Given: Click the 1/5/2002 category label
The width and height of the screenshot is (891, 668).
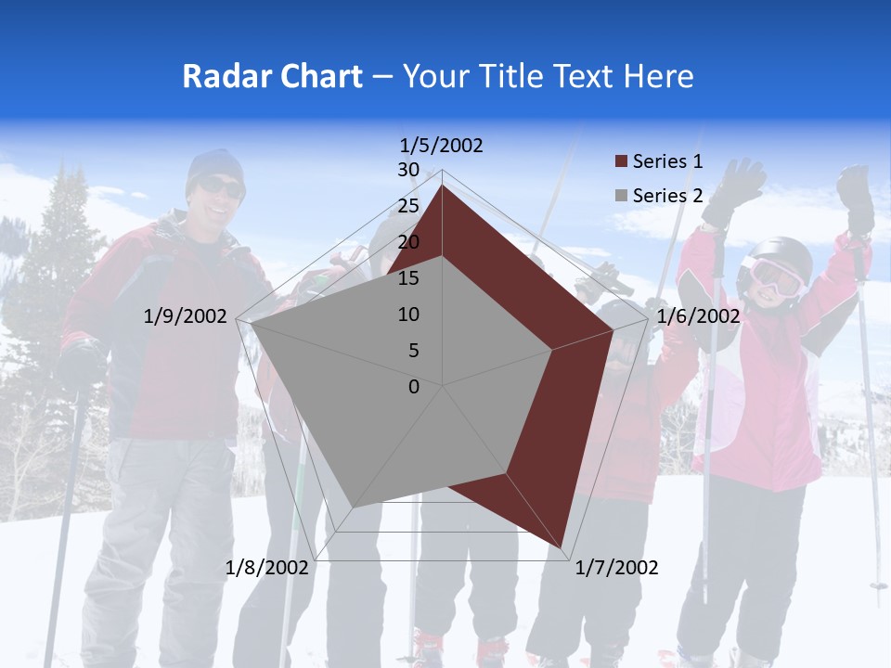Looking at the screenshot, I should tap(441, 146).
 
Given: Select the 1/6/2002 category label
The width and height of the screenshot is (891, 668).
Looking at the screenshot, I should tap(698, 316).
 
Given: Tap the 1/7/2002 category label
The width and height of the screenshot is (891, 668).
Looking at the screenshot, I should tap(616, 568).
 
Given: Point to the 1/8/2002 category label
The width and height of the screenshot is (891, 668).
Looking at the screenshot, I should tap(266, 568).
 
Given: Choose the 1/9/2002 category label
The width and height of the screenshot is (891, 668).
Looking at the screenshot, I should tap(185, 316).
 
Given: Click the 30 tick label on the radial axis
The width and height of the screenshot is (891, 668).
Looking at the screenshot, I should tap(408, 170).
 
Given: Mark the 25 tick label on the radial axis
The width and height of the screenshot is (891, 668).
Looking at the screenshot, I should tap(408, 206).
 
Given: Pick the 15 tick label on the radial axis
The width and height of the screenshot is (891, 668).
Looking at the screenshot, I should tap(408, 278).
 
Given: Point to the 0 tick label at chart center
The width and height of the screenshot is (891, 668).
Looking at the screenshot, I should tap(414, 387).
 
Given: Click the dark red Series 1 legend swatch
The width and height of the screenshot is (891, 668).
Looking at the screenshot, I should tap(621, 162).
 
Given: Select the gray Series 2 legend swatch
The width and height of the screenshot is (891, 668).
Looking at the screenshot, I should tap(621, 196).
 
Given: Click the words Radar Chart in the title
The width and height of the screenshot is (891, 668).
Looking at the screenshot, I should tap(271, 76).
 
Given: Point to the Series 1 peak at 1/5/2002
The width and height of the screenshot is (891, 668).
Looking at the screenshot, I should tap(442, 185).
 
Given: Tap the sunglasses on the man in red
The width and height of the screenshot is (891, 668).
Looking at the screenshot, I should tap(220, 188).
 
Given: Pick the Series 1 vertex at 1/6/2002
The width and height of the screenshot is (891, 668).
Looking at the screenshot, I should tap(613, 329).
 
